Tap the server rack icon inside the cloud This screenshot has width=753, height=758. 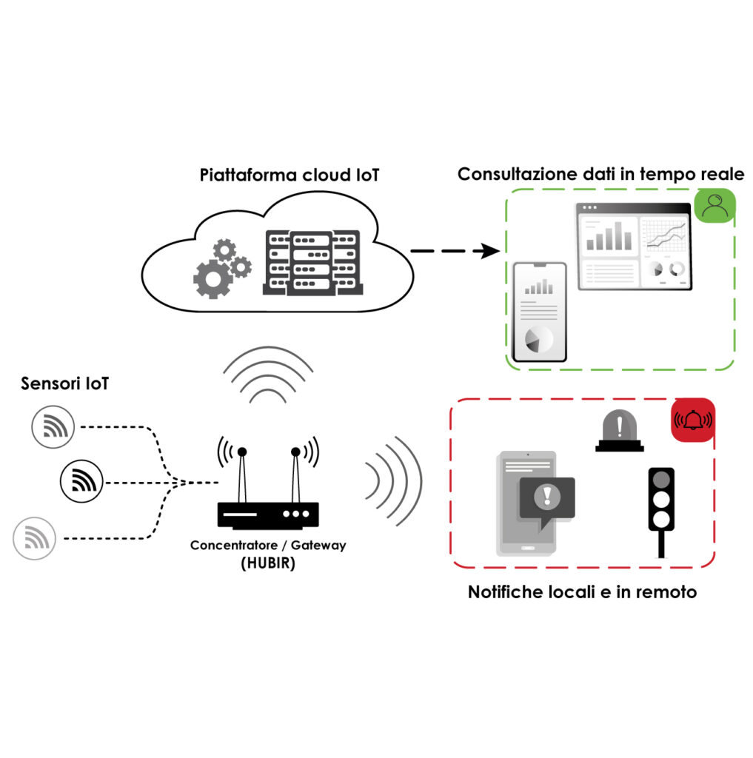pyautogui.click(x=310, y=262)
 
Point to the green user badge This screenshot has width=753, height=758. pyautogui.click(x=714, y=207)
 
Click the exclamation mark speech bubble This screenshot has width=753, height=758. pyautogui.click(x=547, y=497)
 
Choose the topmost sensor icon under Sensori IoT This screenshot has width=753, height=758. pyautogui.click(x=54, y=427)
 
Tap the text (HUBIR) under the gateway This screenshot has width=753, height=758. pyautogui.click(x=267, y=562)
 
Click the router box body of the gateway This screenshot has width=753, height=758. pyautogui.click(x=268, y=513)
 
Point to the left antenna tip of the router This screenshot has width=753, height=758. pyautogui.click(x=241, y=452)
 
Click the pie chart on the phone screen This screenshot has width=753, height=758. pyautogui.click(x=538, y=340)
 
